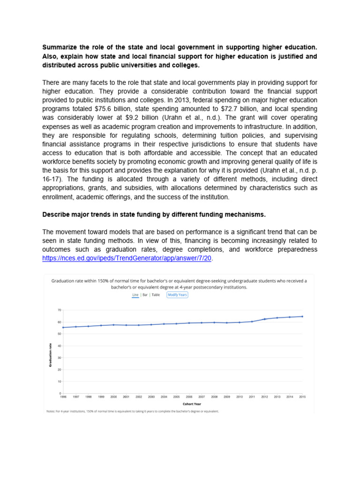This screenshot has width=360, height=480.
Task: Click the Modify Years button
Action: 177,295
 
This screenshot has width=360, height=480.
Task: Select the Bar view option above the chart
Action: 145,295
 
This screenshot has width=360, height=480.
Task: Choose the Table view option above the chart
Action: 156,295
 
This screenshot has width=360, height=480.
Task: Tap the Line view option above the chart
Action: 135,295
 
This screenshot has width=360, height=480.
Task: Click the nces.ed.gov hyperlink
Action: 127,258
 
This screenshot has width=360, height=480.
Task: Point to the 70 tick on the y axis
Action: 59,310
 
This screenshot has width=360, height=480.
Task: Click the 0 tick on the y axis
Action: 60,393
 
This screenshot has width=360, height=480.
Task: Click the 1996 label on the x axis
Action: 63,397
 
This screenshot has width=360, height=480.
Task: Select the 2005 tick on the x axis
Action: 176,397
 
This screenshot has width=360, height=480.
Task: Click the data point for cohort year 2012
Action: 264,319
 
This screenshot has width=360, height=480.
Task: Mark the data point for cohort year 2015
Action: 302,316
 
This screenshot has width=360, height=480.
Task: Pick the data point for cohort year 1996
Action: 63,327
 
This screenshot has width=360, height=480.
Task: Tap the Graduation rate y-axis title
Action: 51,355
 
